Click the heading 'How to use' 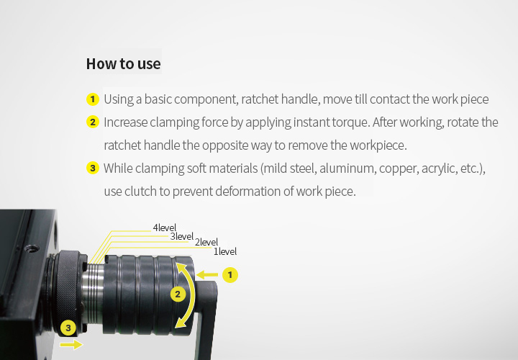click(123, 64)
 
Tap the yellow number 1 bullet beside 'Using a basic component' click(93, 99)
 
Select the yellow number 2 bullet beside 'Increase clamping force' click(93, 122)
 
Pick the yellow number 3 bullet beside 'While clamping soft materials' click(93, 168)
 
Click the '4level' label click(165, 228)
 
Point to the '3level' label click(182, 236)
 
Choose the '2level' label click(206, 243)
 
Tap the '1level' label click(225, 251)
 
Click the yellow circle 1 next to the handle click(230, 275)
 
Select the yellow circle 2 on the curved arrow click(178, 294)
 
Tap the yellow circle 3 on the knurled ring click(68, 328)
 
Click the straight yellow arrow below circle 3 click(71, 345)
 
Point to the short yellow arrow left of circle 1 click(206, 274)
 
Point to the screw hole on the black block click(32, 248)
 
